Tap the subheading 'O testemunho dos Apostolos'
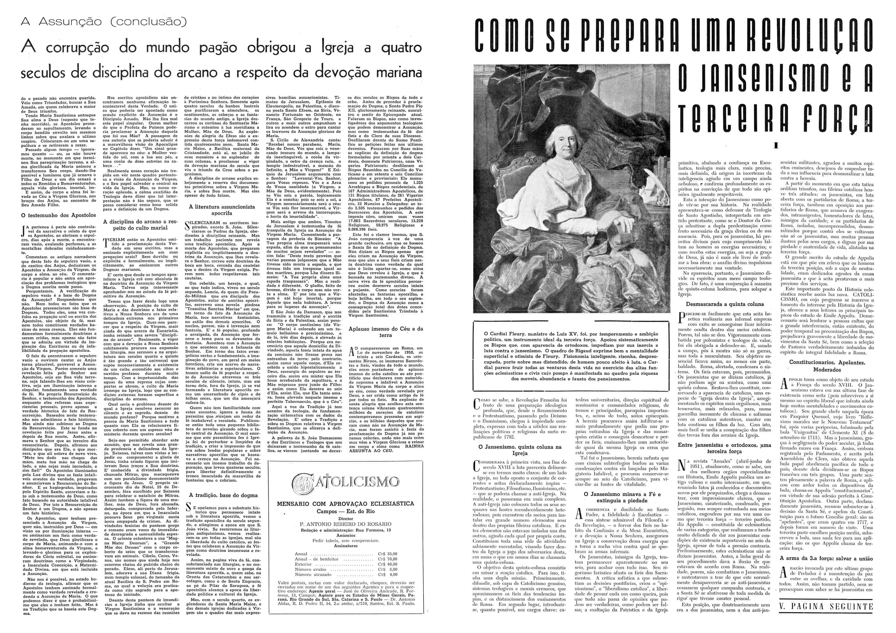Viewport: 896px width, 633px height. (x=60, y=215)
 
